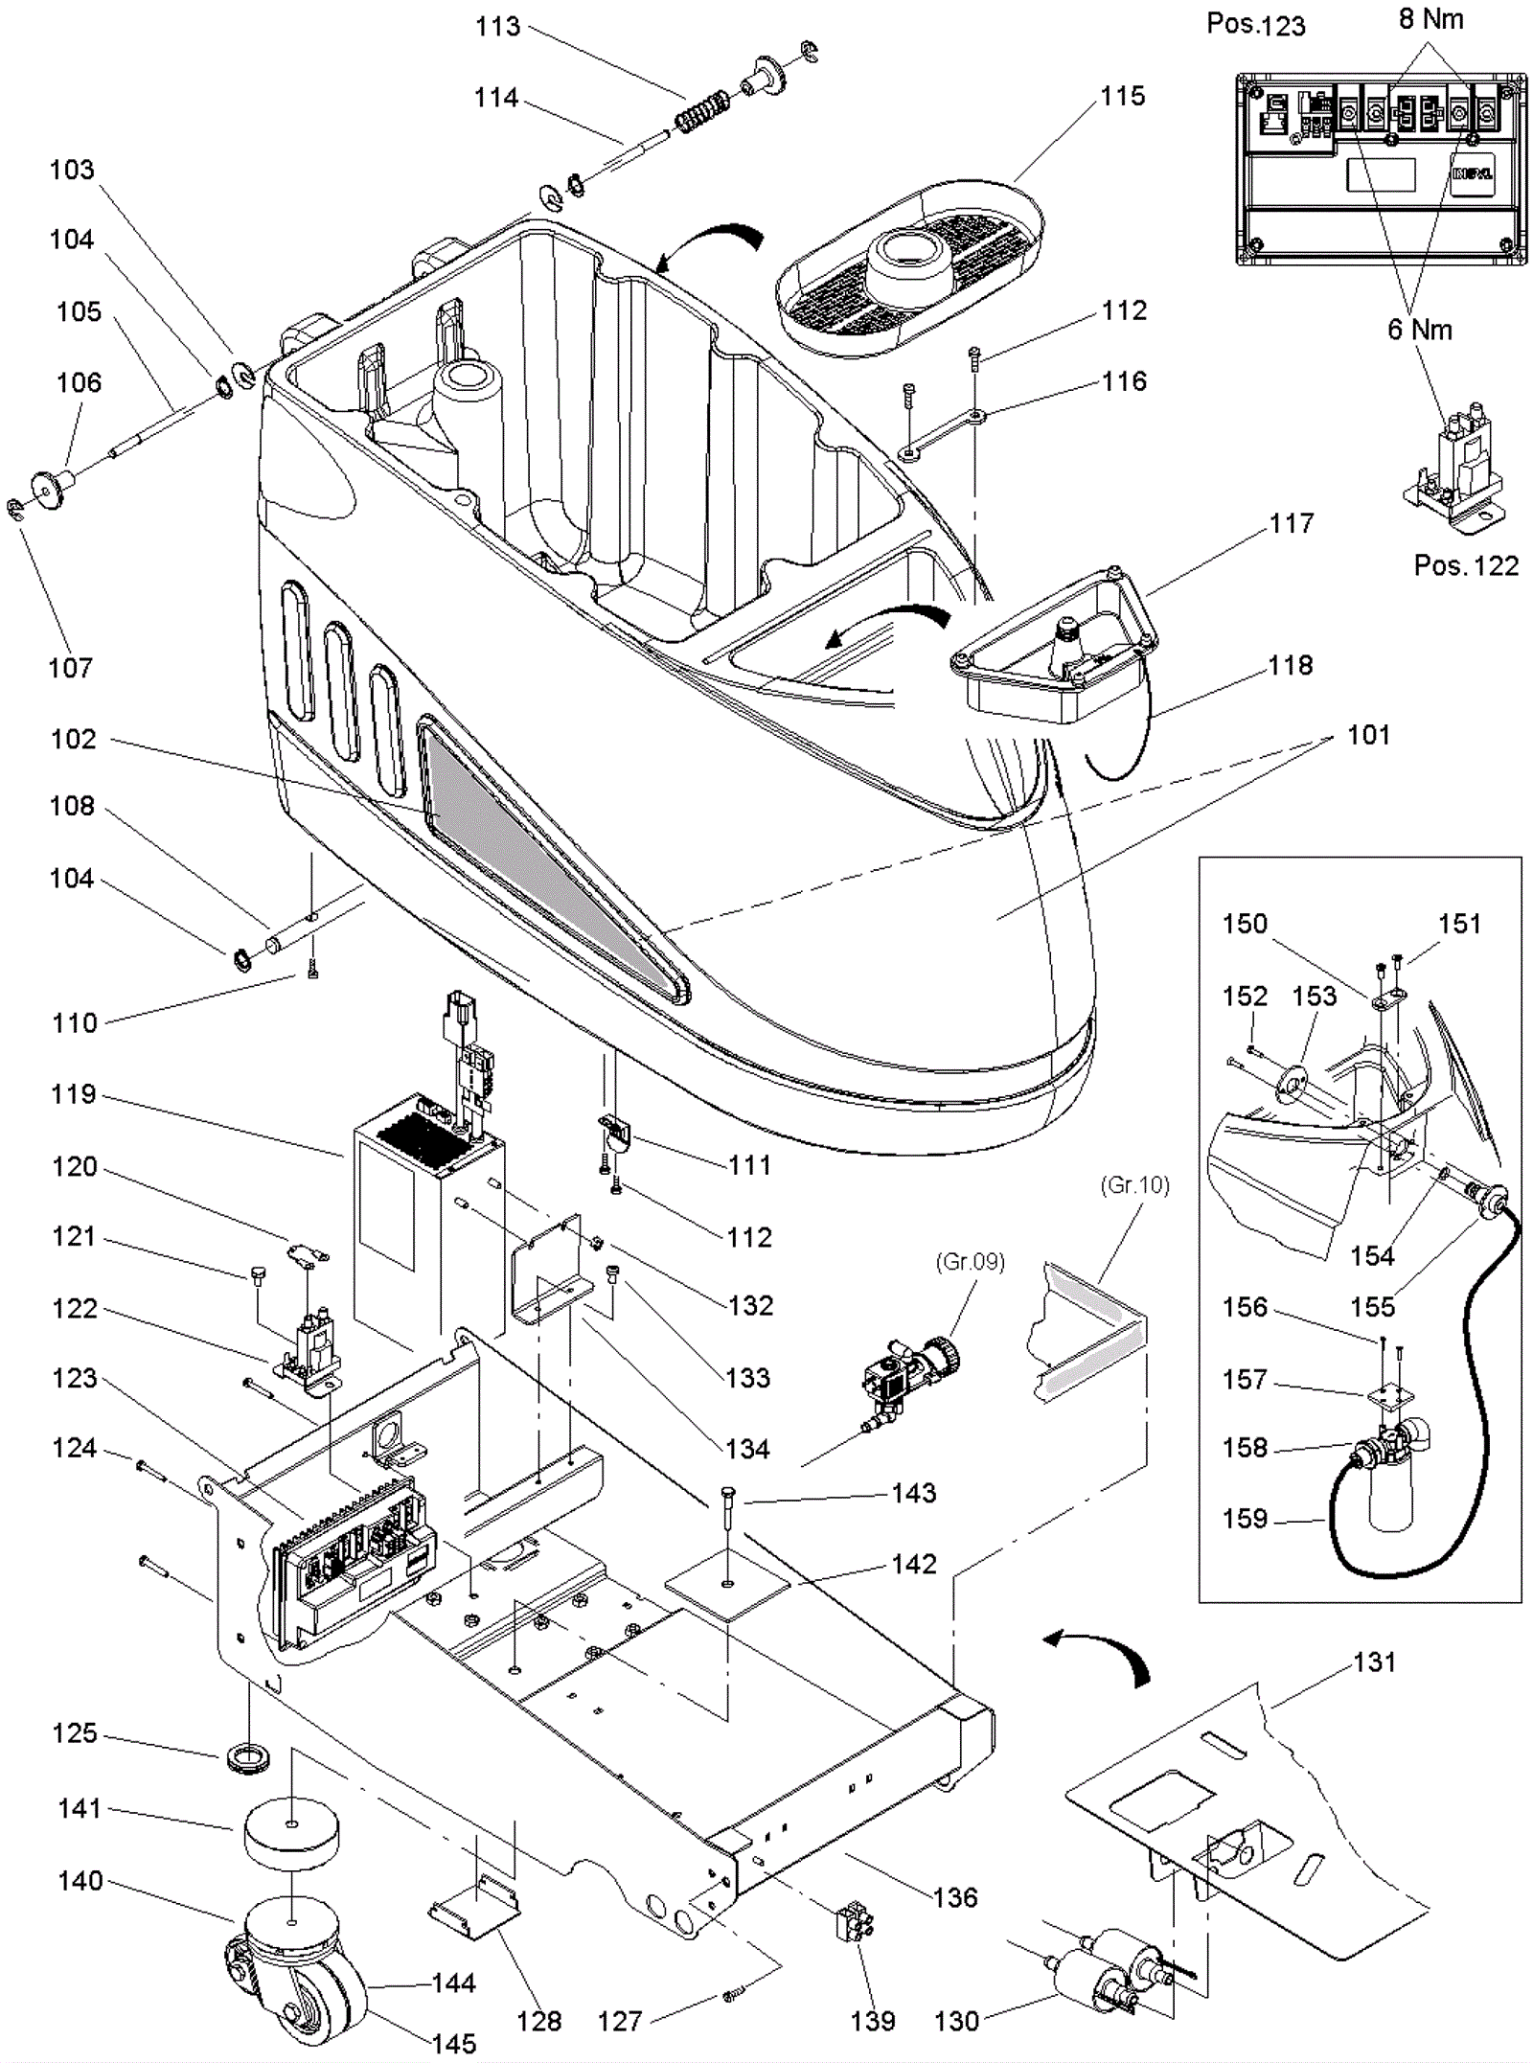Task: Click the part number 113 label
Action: pos(497,27)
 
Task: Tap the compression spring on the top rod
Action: pos(702,111)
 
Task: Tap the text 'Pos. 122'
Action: pos(1466,565)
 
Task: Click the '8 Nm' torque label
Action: pos(1430,19)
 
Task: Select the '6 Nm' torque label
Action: pos(1420,330)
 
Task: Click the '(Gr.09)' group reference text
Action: pos(970,1262)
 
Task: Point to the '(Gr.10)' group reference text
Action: pos(1134,1185)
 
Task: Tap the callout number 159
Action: pos(1245,1519)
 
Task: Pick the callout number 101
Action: pos(1368,735)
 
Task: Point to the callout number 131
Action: pos(1374,1662)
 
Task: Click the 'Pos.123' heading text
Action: pos(1255,25)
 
